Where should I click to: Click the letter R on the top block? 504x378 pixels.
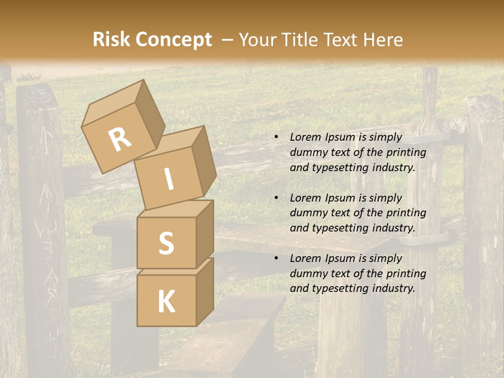[x=120, y=140]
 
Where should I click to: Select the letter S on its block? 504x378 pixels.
[x=166, y=244]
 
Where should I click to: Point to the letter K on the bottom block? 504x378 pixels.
[x=166, y=301]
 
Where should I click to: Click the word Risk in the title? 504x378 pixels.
[x=111, y=40]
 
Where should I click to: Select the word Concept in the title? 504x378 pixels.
[x=173, y=40]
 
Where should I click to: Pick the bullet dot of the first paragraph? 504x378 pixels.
[x=276, y=138]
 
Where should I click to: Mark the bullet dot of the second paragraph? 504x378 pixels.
[x=276, y=198]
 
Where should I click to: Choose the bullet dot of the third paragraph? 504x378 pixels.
[x=276, y=259]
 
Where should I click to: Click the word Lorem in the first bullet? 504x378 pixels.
[x=304, y=138]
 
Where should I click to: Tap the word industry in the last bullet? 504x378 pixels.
[x=394, y=288]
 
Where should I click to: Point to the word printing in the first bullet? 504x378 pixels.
[x=406, y=153]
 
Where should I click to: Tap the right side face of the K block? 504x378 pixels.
[x=205, y=291]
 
